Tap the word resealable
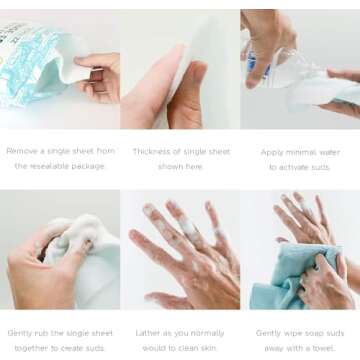(51, 167)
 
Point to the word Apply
(271, 151)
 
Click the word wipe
(283, 333)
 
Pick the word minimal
(301, 151)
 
